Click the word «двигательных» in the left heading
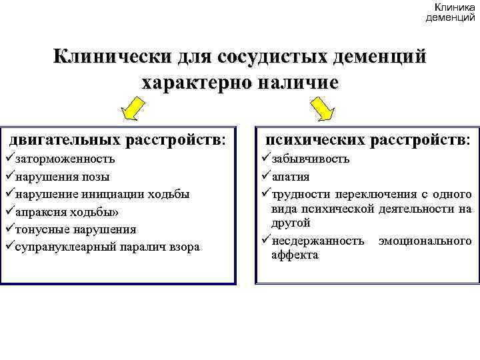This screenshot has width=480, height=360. pos(65,140)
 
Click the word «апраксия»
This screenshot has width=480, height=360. pos(39,212)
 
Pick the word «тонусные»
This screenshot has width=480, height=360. pos(38,229)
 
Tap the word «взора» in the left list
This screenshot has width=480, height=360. pos(185,247)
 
